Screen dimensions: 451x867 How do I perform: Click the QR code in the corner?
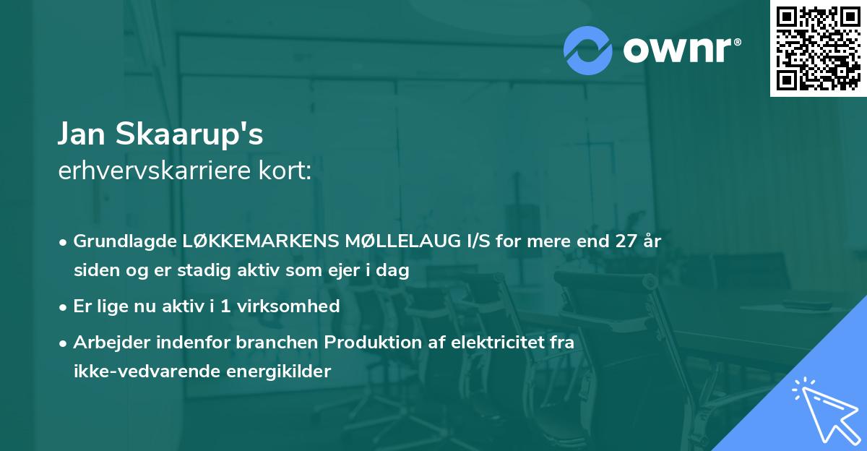(818, 48)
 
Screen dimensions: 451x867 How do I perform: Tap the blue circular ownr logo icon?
(589, 51)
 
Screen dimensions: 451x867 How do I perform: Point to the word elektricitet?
(493, 343)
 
